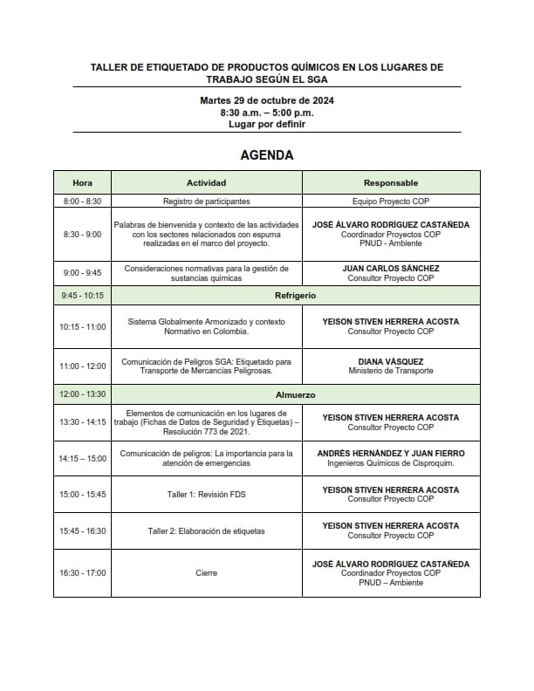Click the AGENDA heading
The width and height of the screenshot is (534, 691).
point(267,155)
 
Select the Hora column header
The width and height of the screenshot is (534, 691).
point(82,183)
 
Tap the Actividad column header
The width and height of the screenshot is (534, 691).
point(206,183)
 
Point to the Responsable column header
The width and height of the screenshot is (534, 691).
point(390,183)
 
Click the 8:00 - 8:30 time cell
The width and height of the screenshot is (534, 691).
point(82,201)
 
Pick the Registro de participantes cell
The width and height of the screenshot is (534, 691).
point(206,201)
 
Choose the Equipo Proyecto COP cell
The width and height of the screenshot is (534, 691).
point(390,201)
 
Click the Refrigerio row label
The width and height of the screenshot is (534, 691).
point(295,295)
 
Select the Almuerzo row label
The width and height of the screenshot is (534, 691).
point(295,394)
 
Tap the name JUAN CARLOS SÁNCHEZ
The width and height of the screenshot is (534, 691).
point(390,268)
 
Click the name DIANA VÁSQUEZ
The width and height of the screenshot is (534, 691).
point(390,360)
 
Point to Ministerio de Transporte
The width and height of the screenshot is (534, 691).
point(390,371)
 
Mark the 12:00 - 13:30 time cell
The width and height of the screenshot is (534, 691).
point(82,394)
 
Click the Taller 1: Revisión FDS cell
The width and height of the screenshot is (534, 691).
point(206,495)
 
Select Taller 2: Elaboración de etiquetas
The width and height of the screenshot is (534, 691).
point(206,530)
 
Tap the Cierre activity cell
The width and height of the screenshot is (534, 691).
point(206,573)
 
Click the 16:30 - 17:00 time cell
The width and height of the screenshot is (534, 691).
point(82,573)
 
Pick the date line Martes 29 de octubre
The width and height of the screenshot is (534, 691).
point(267,100)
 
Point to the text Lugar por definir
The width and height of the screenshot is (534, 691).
point(267,124)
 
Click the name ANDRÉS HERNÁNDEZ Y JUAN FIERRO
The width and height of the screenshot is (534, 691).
point(390,453)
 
